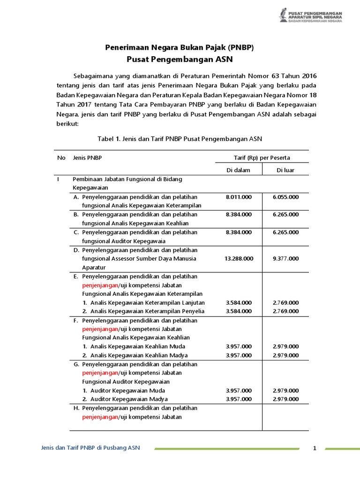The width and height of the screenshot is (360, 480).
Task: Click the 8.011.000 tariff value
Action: point(239,197)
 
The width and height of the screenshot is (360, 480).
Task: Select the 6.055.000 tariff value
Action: point(285,197)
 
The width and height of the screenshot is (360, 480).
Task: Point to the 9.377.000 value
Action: point(285,258)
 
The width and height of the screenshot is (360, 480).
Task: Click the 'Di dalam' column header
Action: point(239,170)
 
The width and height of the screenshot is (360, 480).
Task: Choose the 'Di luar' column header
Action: point(285,170)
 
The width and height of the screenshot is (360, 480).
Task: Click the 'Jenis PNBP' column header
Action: point(88,158)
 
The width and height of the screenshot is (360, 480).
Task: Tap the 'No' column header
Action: point(61,158)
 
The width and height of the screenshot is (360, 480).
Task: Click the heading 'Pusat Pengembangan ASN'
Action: point(180,60)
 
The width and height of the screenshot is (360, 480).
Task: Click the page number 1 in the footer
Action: point(315,449)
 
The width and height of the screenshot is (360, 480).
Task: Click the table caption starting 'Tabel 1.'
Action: point(180,139)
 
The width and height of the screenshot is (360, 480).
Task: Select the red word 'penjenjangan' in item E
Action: point(100,285)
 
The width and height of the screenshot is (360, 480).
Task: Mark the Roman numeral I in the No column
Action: point(58,179)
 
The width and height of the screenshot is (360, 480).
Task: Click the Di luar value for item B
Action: point(285,214)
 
